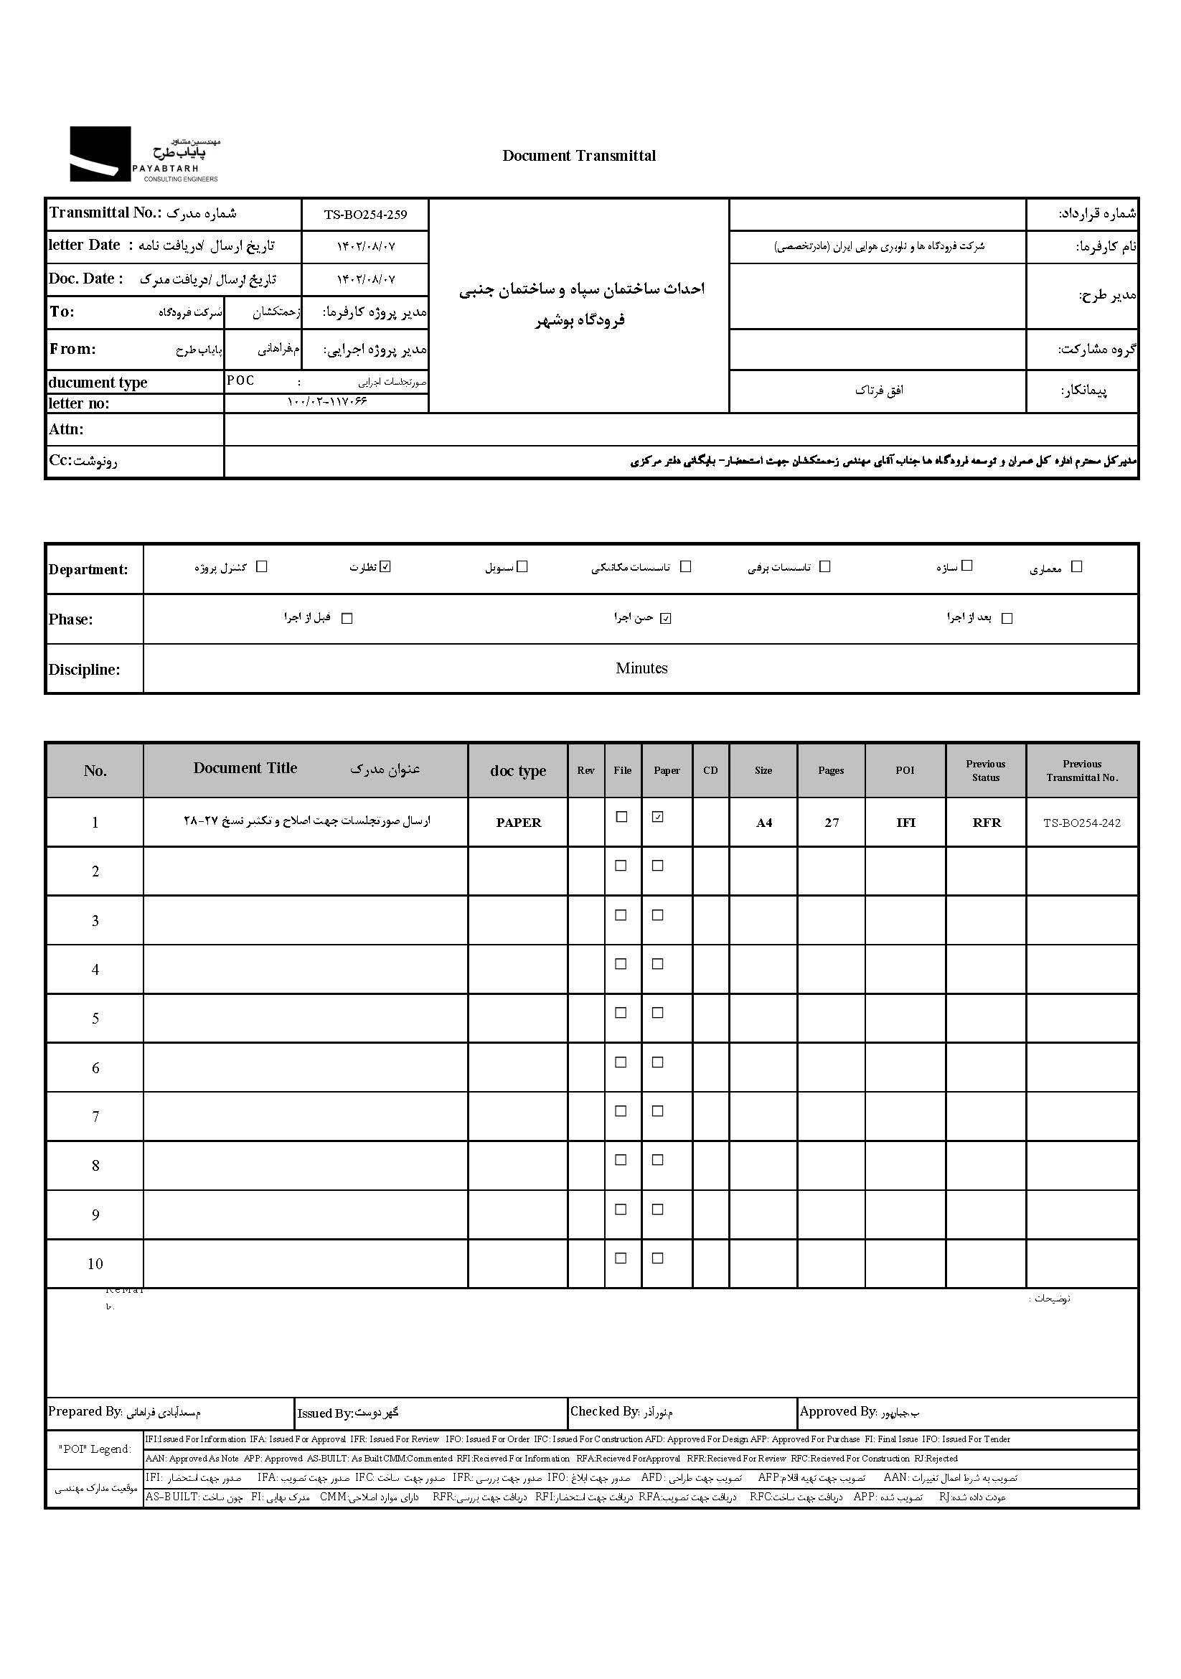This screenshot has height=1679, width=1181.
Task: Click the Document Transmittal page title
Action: (x=579, y=155)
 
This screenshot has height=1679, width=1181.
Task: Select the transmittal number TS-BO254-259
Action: (x=365, y=214)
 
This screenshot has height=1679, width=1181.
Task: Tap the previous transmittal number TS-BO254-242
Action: (x=1081, y=823)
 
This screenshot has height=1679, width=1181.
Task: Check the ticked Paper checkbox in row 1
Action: (x=658, y=817)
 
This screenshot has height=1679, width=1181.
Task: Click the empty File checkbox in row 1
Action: (x=621, y=817)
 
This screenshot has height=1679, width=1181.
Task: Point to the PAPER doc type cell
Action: (x=518, y=823)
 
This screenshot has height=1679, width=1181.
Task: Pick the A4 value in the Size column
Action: (x=763, y=823)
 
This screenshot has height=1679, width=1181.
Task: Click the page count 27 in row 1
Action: (x=832, y=823)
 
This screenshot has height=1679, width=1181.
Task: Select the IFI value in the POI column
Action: (x=905, y=823)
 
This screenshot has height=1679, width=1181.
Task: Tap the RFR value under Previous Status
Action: (x=986, y=823)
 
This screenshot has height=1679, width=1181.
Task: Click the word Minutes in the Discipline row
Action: (x=641, y=668)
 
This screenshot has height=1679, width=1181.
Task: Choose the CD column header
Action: (x=710, y=770)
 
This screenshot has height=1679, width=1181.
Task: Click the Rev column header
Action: (x=585, y=770)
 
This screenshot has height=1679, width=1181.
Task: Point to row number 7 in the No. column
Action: (x=95, y=1117)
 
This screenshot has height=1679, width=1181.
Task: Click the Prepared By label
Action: (x=85, y=1411)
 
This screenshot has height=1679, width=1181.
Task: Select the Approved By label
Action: (x=837, y=1411)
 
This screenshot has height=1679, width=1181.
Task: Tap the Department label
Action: (x=88, y=570)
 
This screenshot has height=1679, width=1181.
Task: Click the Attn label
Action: (x=67, y=429)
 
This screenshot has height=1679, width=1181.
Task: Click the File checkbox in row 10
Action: (x=621, y=1258)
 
